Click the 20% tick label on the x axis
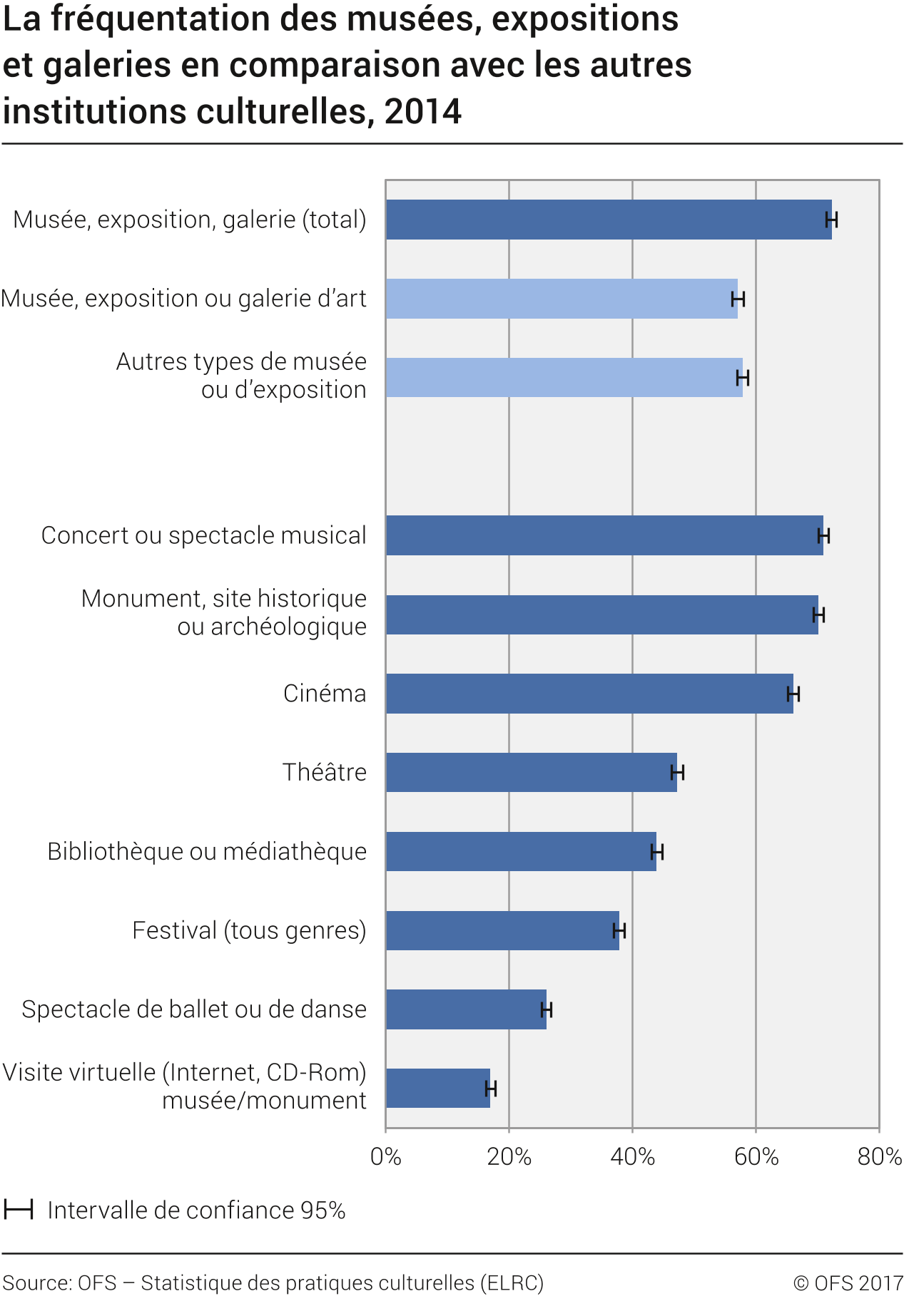509,1156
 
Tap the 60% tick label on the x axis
756,1156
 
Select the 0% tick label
386,1156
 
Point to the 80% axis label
879,1156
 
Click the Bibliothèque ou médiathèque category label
207,851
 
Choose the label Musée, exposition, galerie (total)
190,220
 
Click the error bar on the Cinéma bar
793,694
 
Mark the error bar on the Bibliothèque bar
657,852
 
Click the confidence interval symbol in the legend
19,1210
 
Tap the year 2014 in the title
423,111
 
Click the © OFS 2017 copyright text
848,1283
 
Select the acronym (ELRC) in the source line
512,1283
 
